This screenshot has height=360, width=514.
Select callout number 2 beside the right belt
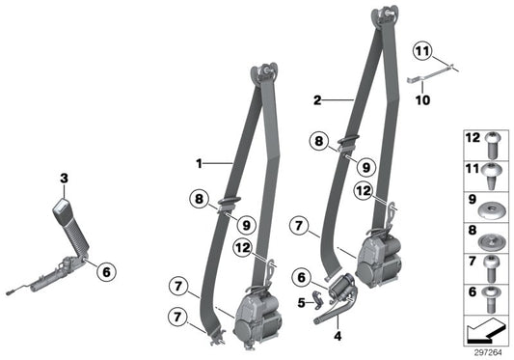pyautogui.click(x=316, y=98)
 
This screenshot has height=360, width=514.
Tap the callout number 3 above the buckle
pyautogui.click(x=64, y=178)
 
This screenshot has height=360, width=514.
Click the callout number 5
pyautogui.click(x=300, y=302)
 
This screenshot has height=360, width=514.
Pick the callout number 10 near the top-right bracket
pyautogui.click(x=420, y=97)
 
